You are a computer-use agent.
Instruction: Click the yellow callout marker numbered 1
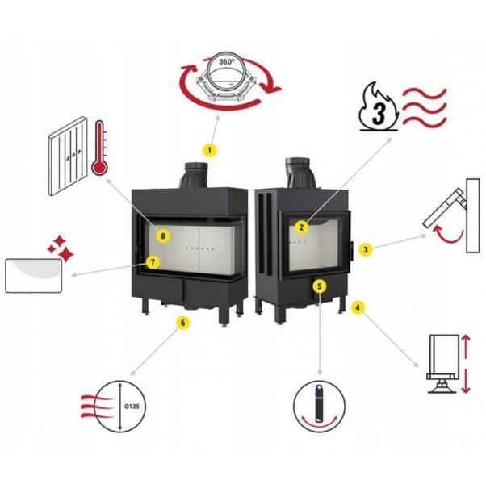click(210, 150)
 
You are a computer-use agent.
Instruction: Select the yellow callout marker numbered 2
click(301, 227)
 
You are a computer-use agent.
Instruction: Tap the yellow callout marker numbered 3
click(366, 249)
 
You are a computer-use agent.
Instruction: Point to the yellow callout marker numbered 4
click(358, 307)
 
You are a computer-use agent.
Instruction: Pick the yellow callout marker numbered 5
click(320, 286)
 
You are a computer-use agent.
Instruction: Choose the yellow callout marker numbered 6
click(182, 323)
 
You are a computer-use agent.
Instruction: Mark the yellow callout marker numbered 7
click(153, 263)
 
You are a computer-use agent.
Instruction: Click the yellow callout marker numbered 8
click(163, 236)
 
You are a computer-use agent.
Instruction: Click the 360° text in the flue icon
click(227, 62)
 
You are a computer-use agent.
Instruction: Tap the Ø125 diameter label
click(132, 407)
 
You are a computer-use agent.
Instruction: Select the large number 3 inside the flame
click(379, 114)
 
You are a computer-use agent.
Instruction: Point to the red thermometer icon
click(99, 148)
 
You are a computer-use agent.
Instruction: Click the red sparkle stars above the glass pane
click(61, 248)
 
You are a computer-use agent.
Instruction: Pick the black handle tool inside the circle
click(319, 403)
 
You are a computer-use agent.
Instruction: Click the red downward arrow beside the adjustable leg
click(466, 381)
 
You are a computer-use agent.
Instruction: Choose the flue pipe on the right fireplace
click(300, 173)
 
